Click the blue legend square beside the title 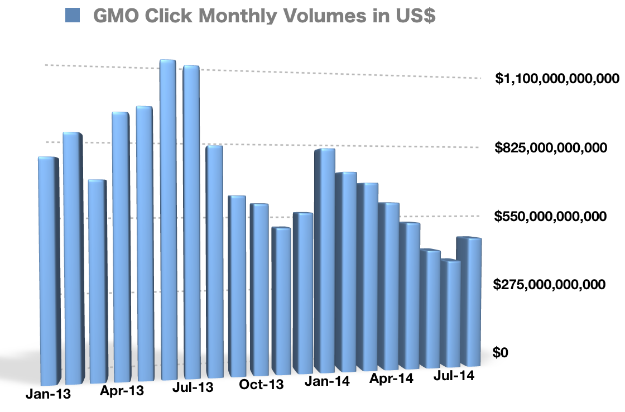[x=73, y=15]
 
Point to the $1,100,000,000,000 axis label [x=557, y=79]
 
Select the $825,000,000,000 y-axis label [x=550, y=148]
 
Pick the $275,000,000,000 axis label [x=550, y=285]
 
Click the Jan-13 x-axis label [x=48, y=394]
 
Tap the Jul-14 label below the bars [x=453, y=376]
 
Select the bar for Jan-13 [x=49, y=268]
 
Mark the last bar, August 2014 [x=469, y=301]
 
